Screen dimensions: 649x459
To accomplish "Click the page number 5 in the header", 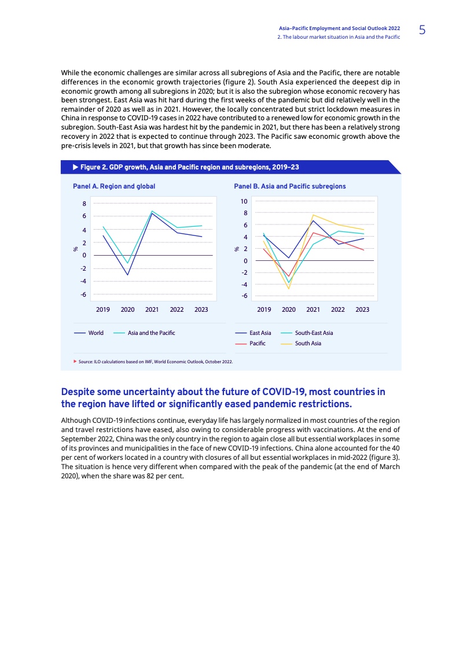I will pyautogui.click(x=422, y=30).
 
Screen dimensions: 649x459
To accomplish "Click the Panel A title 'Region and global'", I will pyautogui.click(x=114, y=186).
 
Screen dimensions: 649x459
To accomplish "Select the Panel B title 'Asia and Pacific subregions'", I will pyautogui.click(x=289, y=186).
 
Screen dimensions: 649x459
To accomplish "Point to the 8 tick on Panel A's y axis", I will pyautogui.click(x=84, y=204).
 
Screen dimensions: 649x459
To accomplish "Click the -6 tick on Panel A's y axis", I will pyautogui.click(x=83, y=294).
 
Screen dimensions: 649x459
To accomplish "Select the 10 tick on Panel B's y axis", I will pyautogui.click(x=244, y=201).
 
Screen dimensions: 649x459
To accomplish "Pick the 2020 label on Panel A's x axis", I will pyautogui.click(x=127, y=309).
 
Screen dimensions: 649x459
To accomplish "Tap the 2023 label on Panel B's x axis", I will pyautogui.click(x=362, y=309).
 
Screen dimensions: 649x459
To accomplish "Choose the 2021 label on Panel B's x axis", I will pyautogui.click(x=313, y=309).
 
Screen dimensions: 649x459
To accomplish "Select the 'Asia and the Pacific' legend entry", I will pyautogui.click(x=151, y=333).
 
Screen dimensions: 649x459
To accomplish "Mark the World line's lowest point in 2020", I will pyautogui.click(x=127, y=275).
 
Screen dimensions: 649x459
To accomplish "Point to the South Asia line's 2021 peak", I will pyautogui.click(x=313, y=215).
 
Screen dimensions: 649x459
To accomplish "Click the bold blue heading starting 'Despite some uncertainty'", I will pyautogui.click(x=223, y=397).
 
